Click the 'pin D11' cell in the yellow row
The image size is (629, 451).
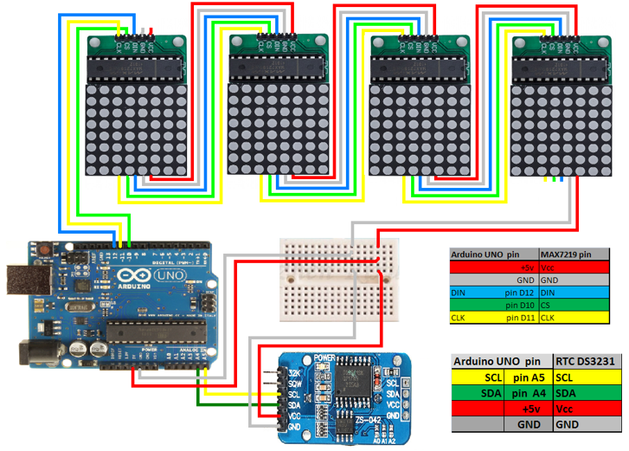517,318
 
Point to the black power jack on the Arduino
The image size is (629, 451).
35,351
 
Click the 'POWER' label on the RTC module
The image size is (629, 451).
324,358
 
